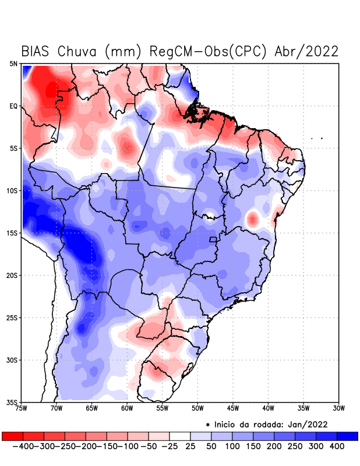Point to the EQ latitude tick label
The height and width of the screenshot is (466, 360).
pyautogui.click(x=13, y=106)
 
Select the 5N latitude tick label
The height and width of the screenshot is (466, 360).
pyautogui.click(x=13, y=63)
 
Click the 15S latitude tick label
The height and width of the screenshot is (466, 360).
pyautogui.click(x=12, y=233)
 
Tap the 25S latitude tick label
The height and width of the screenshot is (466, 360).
pyautogui.click(x=12, y=317)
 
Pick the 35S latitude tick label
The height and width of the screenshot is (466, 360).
pyautogui.click(x=12, y=402)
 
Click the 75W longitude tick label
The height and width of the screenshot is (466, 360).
pyautogui.click(x=22, y=408)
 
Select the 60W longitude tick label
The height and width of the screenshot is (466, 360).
pyautogui.click(x=127, y=408)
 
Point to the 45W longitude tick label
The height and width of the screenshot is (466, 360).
pyautogui.click(x=233, y=408)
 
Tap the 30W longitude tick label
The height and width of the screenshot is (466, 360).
pyautogui.click(x=338, y=408)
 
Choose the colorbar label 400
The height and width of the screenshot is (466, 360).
pyautogui.click(x=337, y=446)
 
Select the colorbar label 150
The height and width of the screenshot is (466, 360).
pyautogui.click(x=253, y=446)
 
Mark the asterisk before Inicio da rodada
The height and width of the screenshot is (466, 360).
pyautogui.click(x=208, y=425)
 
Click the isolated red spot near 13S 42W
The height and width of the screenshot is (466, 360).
pyautogui.click(x=252, y=219)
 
